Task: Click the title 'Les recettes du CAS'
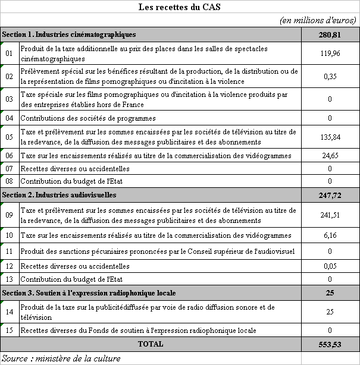180,8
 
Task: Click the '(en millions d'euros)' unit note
318,21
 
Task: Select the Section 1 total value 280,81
329,34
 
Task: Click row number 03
10,99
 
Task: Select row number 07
10,169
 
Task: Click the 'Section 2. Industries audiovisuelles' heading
59,194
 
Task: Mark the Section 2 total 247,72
329,194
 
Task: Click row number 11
10,251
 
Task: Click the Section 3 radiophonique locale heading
89,293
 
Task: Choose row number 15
10,330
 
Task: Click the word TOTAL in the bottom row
150,344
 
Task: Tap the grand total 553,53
329,344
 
